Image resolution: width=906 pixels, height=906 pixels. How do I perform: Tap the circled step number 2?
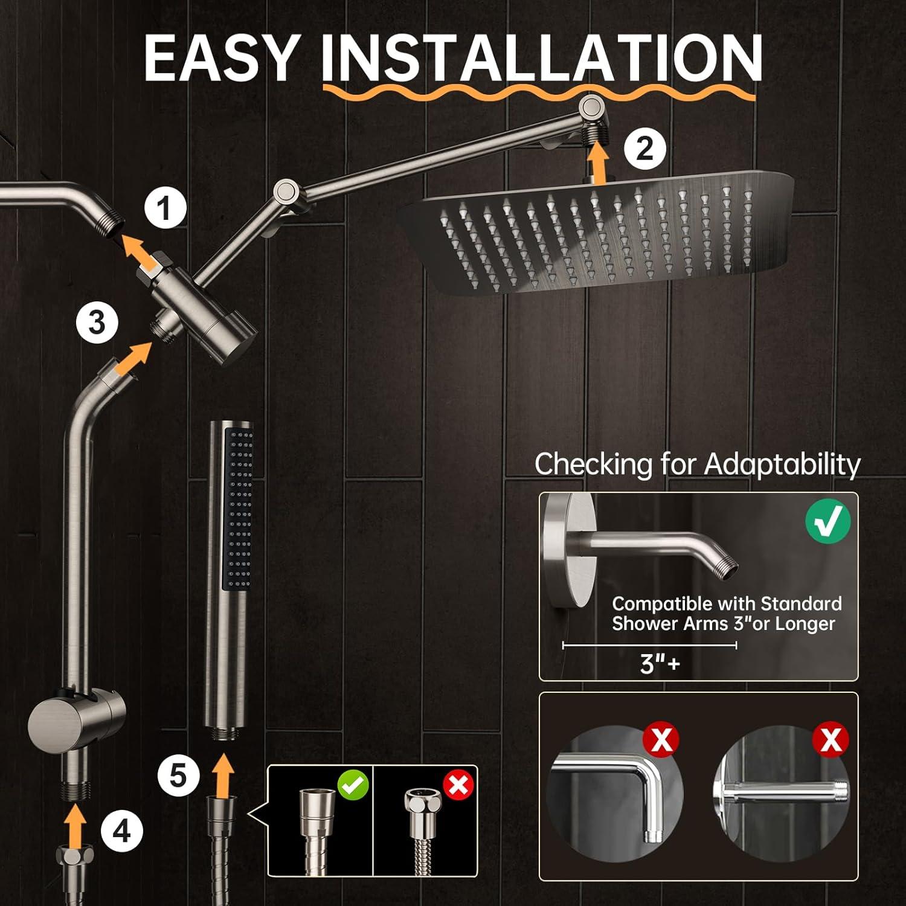point(644,148)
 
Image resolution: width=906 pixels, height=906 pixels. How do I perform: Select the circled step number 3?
point(97,323)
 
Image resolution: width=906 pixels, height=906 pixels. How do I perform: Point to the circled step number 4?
point(121,832)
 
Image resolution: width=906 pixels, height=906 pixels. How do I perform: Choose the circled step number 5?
point(178,775)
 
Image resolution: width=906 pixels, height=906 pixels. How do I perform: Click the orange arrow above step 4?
point(75,825)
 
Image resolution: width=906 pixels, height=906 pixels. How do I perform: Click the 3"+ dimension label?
point(660,663)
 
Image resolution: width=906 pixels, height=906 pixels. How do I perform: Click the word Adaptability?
point(782,464)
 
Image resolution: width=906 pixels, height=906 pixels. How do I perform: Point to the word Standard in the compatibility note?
point(800,603)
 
